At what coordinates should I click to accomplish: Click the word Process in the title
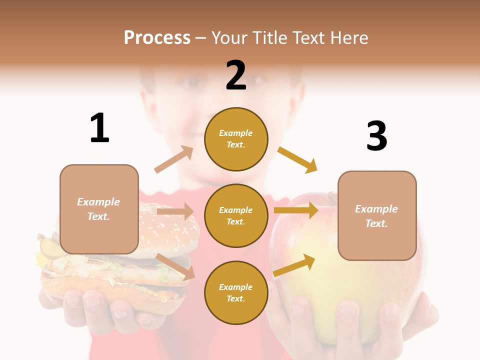[157, 38]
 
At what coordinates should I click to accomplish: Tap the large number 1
[99, 128]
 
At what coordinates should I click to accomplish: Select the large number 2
[236, 75]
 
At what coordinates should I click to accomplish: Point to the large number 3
[376, 136]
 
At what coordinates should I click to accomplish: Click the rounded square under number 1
[99, 209]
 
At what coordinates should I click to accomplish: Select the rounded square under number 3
[377, 215]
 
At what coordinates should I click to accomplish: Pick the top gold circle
[236, 139]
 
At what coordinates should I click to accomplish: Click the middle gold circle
[236, 215]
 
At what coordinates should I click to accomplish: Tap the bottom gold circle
[236, 292]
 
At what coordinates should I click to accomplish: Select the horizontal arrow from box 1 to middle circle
[175, 211]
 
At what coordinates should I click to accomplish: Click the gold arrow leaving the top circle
[297, 159]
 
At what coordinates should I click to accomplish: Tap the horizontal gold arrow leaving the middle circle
[295, 210]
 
